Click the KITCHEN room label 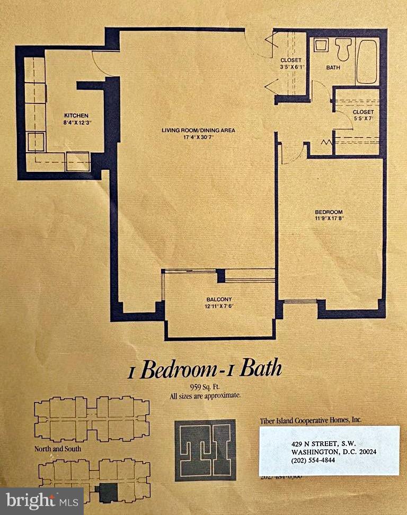(76, 116)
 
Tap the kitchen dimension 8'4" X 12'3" (76, 123)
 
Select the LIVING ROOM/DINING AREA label (198, 130)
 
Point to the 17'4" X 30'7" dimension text (198, 137)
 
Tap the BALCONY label (217, 300)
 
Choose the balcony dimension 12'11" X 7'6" (217, 307)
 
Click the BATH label (333, 67)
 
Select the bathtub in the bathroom (367, 61)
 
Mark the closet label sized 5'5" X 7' (363, 116)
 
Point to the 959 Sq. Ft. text (205, 387)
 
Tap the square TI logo (205, 450)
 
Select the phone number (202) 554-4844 (313, 460)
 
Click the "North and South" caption (55, 448)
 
